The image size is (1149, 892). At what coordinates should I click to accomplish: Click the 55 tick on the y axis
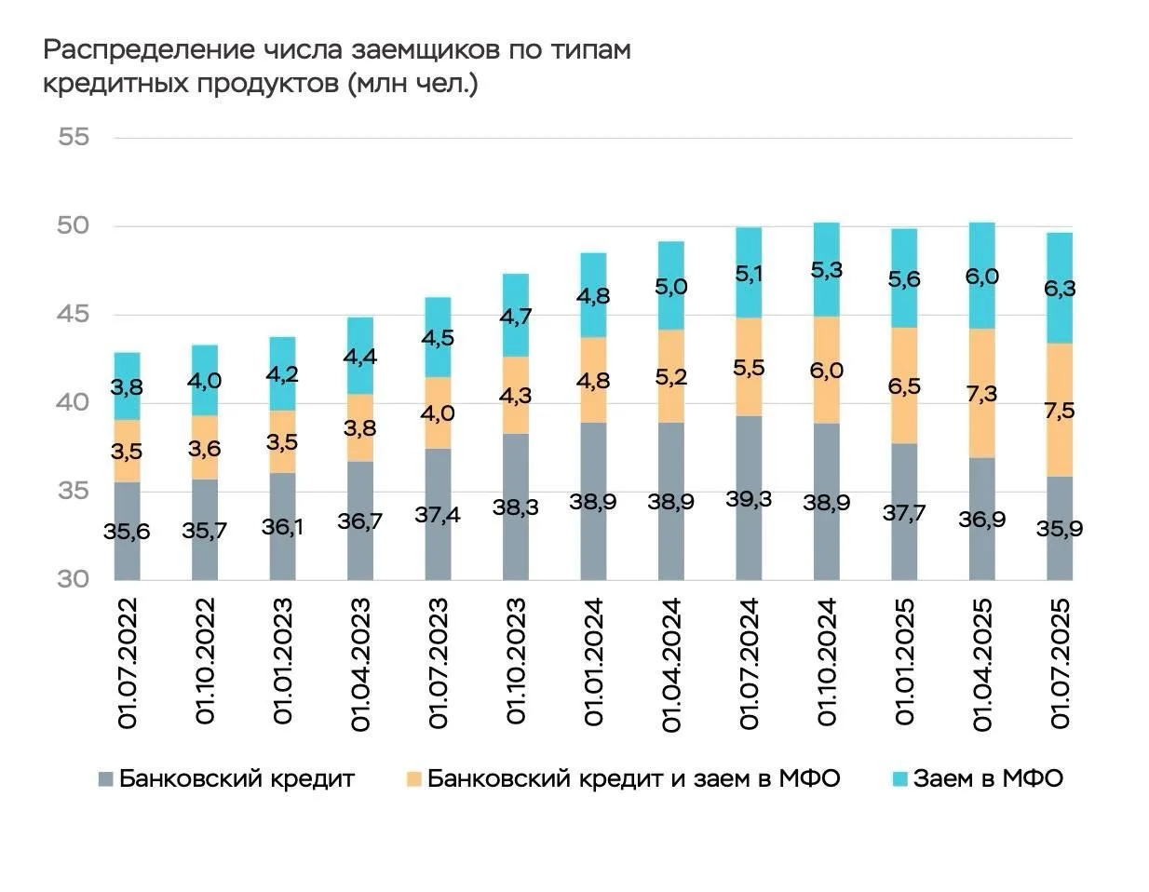[x=74, y=138]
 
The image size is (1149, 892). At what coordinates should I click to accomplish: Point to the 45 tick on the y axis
[x=74, y=315]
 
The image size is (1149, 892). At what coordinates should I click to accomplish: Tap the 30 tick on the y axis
[x=74, y=579]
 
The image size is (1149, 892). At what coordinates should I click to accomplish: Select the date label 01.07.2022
[x=128, y=663]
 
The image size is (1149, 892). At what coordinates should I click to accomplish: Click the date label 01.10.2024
[x=827, y=663]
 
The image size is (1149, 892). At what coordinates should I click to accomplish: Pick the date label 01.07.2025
[x=1060, y=663]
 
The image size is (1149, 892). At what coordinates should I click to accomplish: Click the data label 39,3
[x=749, y=498]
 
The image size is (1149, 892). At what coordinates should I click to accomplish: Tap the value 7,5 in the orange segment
[x=1060, y=411]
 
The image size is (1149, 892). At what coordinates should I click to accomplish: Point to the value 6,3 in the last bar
[x=1060, y=289]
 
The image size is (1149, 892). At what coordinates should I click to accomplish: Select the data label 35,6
[x=128, y=532]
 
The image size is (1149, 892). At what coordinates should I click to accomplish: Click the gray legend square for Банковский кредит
[x=106, y=779]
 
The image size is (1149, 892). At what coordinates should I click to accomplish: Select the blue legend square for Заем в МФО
[x=899, y=779]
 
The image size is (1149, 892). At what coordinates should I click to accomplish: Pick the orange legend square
[x=413, y=779]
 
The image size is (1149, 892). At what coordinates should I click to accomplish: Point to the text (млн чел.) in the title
[x=412, y=84]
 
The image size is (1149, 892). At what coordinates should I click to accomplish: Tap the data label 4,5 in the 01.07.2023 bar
[x=439, y=338]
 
